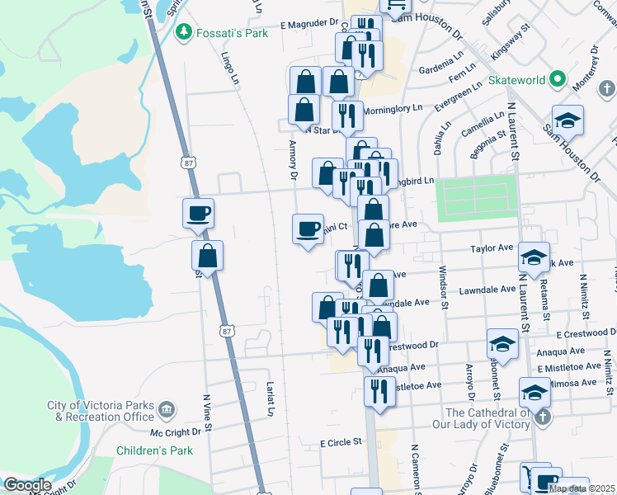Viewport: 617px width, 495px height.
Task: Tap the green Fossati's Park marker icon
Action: [184, 33]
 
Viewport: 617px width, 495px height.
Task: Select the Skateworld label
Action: [517, 80]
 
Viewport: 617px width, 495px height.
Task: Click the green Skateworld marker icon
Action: [558, 80]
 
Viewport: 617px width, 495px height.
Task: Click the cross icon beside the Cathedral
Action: [543, 417]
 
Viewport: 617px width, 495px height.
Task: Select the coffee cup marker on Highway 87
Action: [198, 214]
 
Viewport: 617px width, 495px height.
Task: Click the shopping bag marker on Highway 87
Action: [207, 257]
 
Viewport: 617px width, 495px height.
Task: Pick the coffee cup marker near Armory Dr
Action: [308, 229]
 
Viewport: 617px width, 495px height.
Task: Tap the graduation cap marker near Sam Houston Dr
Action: [568, 120]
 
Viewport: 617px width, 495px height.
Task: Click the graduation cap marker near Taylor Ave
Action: [535, 257]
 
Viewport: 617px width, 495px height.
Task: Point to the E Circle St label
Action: [341, 442]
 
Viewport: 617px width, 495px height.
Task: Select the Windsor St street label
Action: [444, 287]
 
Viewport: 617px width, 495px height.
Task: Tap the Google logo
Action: [26, 485]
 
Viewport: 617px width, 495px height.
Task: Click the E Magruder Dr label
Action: [309, 25]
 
